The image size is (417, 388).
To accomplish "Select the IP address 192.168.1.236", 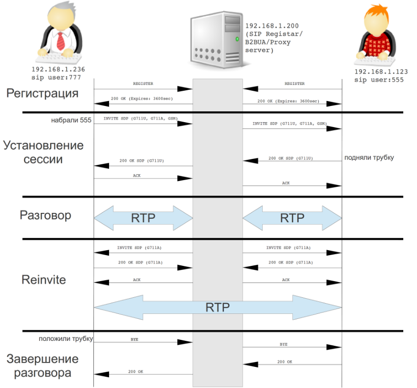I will [x=56, y=69].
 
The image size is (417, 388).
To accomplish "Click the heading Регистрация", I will [x=42, y=93].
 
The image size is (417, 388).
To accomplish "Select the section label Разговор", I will [x=46, y=215].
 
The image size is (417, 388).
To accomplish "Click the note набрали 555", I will [x=71, y=119].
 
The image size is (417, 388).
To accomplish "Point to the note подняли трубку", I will [x=369, y=157].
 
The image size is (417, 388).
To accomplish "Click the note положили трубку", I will [x=66, y=338].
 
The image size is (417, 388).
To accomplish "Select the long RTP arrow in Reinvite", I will [x=218, y=308].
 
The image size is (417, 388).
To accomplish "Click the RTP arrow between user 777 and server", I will [x=142, y=218].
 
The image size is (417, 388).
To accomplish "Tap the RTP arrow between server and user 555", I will [x=292, y=218].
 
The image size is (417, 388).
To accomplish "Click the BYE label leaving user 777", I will [x=134, y=339].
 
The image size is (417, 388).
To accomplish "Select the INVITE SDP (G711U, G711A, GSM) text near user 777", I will [x=140, y=119].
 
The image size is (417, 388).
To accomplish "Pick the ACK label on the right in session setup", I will [x=286, y=182].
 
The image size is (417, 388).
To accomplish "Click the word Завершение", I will [x=42, y=358].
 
